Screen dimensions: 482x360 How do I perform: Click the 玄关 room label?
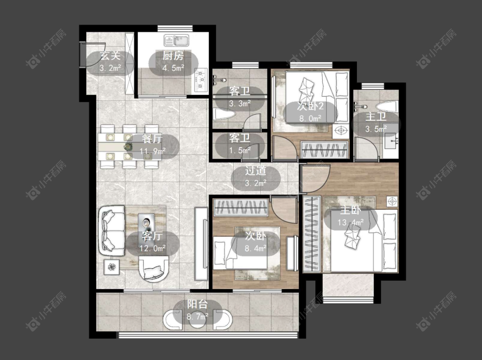(x=110, y=56)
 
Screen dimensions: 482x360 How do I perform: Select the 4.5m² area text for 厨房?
(x=173, y=68)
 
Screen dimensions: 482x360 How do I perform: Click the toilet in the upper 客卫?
(x=225, y=115)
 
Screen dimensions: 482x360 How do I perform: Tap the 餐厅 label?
(x=152, y=139)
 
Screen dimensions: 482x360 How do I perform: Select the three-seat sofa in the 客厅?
(x=111, y=230)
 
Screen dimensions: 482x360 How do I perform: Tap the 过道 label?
(x=255, y=171)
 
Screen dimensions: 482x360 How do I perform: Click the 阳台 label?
(x=198, y=304)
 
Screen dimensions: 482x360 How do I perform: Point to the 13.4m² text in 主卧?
(x=350, y=222)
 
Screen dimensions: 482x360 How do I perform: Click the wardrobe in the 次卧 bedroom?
(x=241, y=207)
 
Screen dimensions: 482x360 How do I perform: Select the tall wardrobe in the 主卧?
(x=312, y=233)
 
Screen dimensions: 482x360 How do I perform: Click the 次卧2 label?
(x=310, y=106)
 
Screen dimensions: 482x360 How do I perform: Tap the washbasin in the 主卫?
(x=391, y=141)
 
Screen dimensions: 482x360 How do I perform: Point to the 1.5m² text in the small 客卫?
(x=240, y=151)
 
